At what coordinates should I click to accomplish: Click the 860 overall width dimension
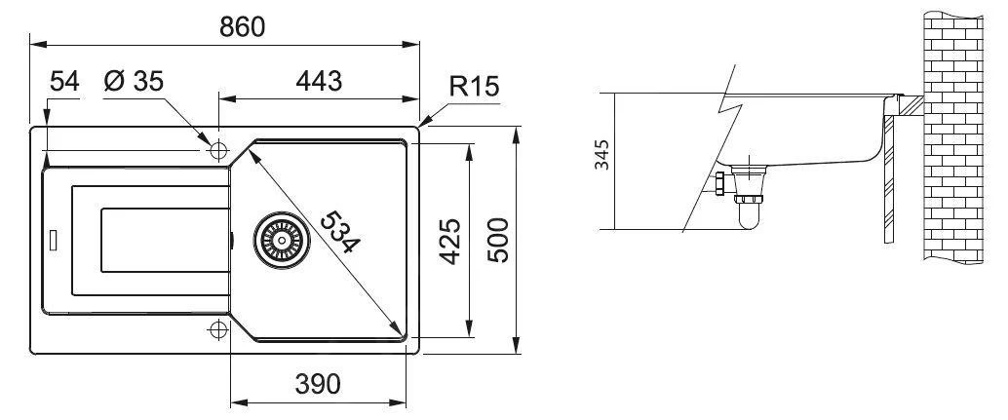coord(242,27)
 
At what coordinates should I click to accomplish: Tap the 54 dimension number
coord(64,82)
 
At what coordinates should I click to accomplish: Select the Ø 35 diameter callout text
coord(134,82)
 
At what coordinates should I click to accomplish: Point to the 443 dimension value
coord(319,82)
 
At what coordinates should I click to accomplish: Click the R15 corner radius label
coord(474,86)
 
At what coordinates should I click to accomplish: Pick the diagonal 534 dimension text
coord(340,232)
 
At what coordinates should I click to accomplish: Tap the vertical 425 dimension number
coord(451,242)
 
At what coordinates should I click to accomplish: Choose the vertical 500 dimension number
coord(498,240)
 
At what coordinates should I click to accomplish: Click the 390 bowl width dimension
coord(318,384)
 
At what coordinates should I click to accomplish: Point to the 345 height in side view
coord(601,155)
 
